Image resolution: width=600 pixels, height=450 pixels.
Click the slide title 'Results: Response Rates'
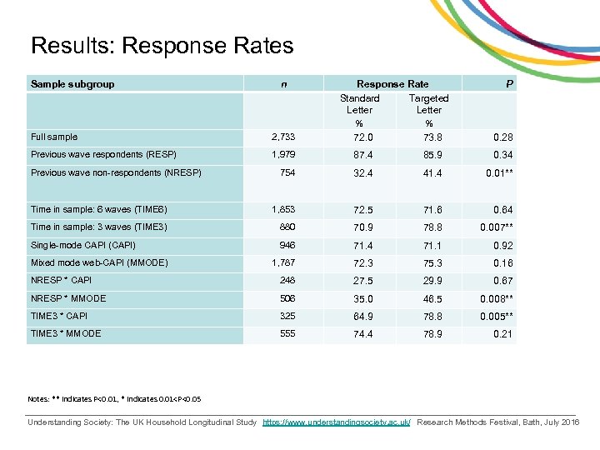pyautogui.click(x=162, y=45)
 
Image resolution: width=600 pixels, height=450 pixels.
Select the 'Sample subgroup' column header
pyautogui.click(x=72, y=83)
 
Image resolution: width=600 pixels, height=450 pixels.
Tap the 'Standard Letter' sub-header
pyautogui.click(x=359, y=103)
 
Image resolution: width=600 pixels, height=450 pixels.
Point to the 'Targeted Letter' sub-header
pyautogui.click(x=429, y=103)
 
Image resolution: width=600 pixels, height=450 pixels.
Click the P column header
pyautogui.click(x=508, y=83)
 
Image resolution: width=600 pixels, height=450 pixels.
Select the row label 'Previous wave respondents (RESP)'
pyautogui.click(x=103, y=155)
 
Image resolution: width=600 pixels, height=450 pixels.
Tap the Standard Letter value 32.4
pyautogui.click(x=362, y=174)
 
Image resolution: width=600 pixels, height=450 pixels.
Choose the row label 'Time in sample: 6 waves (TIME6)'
pyautogui.click(x=99, y=209)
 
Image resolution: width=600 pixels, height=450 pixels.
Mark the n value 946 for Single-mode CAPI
pyautogui.click(x=286, y=245)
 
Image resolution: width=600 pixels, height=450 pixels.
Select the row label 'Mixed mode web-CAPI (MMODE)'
pyautogui.click(x=99, y=262)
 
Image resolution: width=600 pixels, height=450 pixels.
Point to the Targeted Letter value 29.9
pyautogui.click(x=431, y=281)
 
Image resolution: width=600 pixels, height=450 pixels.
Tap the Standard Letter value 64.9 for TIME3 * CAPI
pyautogui.click(x=362, y=317)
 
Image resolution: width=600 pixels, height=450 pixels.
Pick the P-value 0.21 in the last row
pyautogui.click(x=502, y=334)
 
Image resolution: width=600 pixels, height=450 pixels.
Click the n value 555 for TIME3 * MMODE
pyautogui.click(x=286, y=334)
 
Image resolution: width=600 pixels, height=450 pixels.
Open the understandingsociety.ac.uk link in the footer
pyautogui.click(x=337, y=422)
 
